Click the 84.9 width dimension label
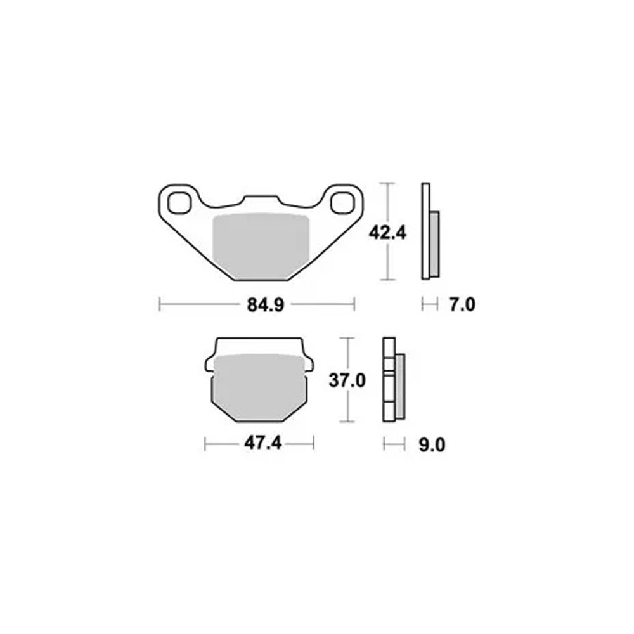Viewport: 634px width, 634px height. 266,305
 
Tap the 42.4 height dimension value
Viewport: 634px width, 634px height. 387,233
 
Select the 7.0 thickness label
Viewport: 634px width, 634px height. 462,304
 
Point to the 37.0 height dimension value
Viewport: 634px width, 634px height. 347,380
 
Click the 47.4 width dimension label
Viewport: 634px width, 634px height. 263,444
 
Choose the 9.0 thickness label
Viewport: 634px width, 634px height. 432,445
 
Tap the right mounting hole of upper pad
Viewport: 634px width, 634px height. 342,203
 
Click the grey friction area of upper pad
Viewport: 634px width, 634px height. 261,246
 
